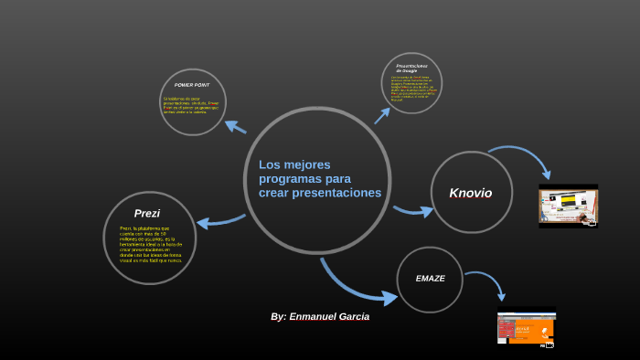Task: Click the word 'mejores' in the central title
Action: (309, 164)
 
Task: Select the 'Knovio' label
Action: (470, 193)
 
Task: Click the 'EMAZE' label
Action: (430, 278)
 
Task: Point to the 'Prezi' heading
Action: (146, 213)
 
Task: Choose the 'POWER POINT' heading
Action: (192, 85)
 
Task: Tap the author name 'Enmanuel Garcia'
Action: (330, 316)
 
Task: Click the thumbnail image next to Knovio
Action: (568, 206)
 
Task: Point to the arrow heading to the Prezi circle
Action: (219, 220)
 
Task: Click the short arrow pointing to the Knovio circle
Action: (414, 212)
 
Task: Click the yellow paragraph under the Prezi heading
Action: (151, 244)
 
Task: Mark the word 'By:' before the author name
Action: (278, 316)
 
